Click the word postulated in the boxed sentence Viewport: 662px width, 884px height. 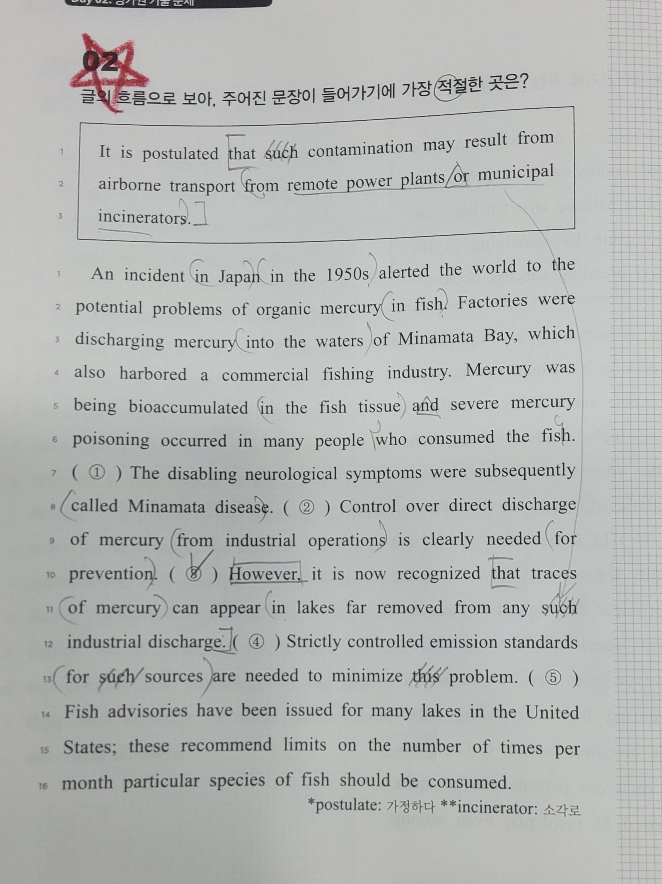180,153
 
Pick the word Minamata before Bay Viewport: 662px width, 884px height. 435,338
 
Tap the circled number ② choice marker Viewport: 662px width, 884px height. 306,508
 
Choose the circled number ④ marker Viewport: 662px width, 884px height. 256,642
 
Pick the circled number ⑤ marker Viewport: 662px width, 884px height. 553,677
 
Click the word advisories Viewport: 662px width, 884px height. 147,711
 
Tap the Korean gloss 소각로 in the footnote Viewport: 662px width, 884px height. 561,810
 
